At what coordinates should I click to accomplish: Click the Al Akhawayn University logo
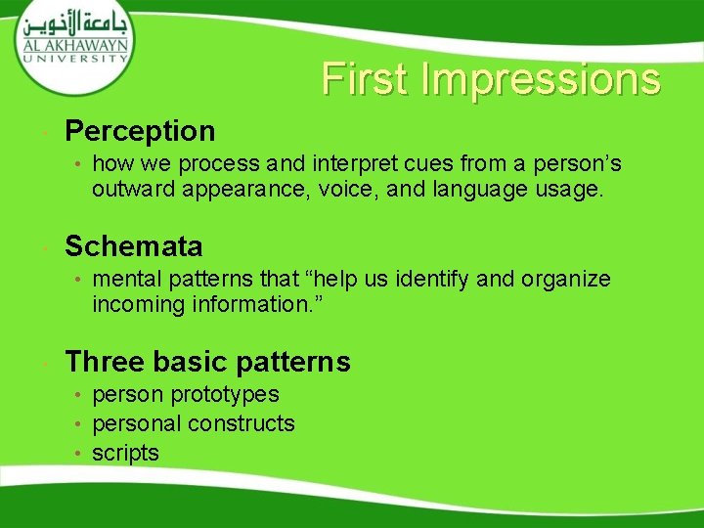click(x=74, y=44)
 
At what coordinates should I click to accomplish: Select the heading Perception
click(x=140, y=130)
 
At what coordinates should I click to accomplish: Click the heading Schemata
click(x=134, y=245)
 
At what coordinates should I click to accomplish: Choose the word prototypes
click(x=225, y=395)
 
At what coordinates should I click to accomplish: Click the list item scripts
click(x=125, y=453)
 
